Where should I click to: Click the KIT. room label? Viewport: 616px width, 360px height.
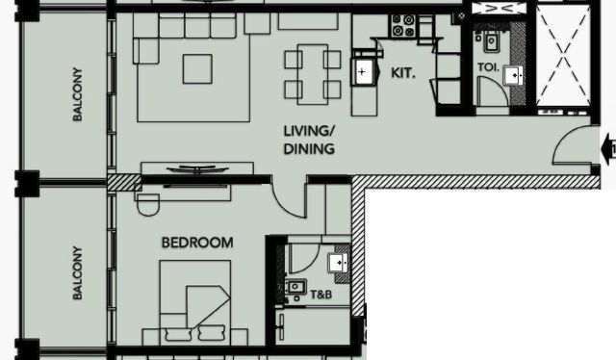(x=403, y=73)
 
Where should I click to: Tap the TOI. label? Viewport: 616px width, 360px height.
(x=488, y=67)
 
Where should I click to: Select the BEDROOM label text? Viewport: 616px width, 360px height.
(x=197, y=243)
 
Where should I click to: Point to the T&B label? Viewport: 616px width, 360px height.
(x=321, y=295)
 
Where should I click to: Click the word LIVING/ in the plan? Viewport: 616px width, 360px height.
(x=309, y=131)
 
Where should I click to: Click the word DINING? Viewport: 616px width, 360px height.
(x=309, y=149)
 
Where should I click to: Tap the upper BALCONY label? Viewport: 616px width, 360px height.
(x=77, y=94)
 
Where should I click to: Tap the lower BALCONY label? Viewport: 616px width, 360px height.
(x=77, y=272)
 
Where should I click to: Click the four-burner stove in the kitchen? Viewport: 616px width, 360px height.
(x=403, y=25)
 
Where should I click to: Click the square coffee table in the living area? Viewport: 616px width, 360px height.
(x=197, y=69)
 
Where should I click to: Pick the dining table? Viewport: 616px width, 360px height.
(x=313, y=74)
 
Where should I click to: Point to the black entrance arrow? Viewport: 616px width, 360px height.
(x=608, y=149)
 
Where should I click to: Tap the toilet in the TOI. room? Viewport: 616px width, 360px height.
(x=491, y=41)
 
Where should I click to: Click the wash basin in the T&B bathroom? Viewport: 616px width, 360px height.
(x=338, y=263)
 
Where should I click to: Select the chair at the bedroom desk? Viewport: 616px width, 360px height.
(x=148, y=204)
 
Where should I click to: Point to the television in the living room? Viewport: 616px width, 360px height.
(x=197, y=169)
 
